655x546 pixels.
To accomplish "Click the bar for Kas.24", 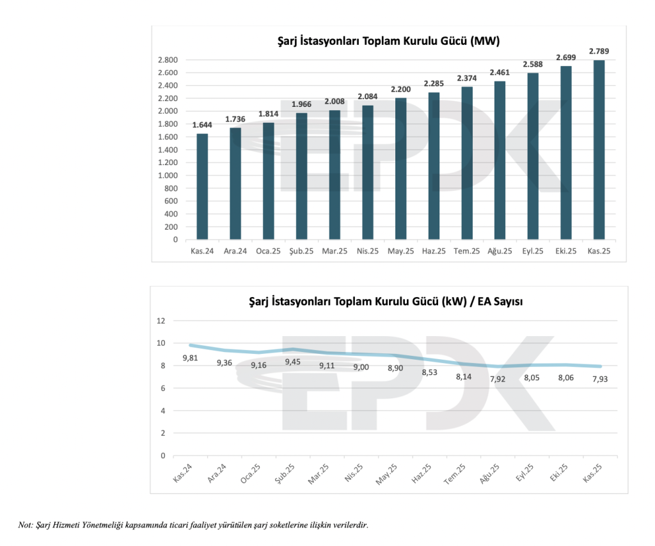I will [202, 186].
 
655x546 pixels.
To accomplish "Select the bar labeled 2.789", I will [599, 150].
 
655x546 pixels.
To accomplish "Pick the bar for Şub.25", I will [301, 176].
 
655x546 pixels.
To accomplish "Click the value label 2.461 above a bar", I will [500, 73].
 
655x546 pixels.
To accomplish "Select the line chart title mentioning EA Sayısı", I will [386, 302].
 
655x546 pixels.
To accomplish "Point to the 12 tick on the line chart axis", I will [161, 321].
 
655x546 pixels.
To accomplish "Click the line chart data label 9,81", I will [190, 358].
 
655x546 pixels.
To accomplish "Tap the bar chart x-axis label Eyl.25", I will [533, 252].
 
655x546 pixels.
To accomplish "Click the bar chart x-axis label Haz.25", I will [434, 252].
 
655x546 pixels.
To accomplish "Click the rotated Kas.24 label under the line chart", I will [182, 474].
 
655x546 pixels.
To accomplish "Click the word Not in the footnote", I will [25, 526].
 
